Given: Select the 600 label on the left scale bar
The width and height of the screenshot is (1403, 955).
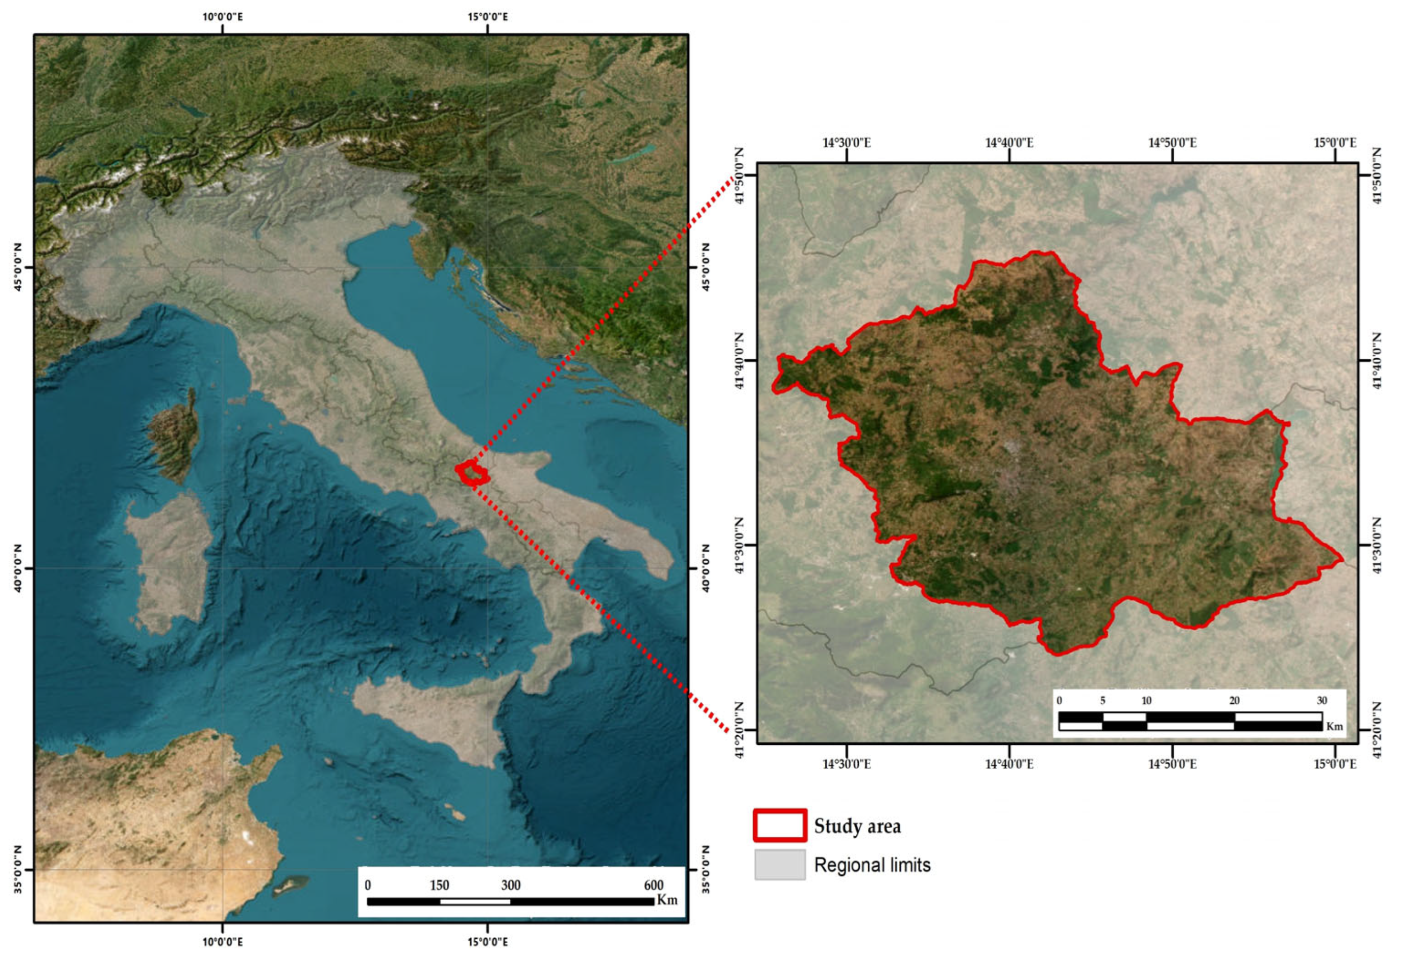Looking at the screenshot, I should (653, 885).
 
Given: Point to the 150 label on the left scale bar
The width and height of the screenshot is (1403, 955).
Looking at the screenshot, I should (439, 885).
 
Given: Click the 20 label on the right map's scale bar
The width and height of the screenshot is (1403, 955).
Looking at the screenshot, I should (1234, 701).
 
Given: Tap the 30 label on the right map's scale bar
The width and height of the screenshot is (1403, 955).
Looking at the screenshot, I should (1321, 701).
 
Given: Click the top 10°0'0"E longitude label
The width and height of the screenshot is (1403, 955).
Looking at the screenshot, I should (223, 16).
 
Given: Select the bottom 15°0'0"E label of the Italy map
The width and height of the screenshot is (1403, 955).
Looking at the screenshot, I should (487, 942).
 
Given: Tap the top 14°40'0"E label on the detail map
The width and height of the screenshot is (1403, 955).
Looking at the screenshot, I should (1009, 143).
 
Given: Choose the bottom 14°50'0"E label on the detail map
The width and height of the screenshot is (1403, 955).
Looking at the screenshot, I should (1172, 764).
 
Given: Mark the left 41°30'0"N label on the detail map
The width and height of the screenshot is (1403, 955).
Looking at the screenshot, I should (740, 545).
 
